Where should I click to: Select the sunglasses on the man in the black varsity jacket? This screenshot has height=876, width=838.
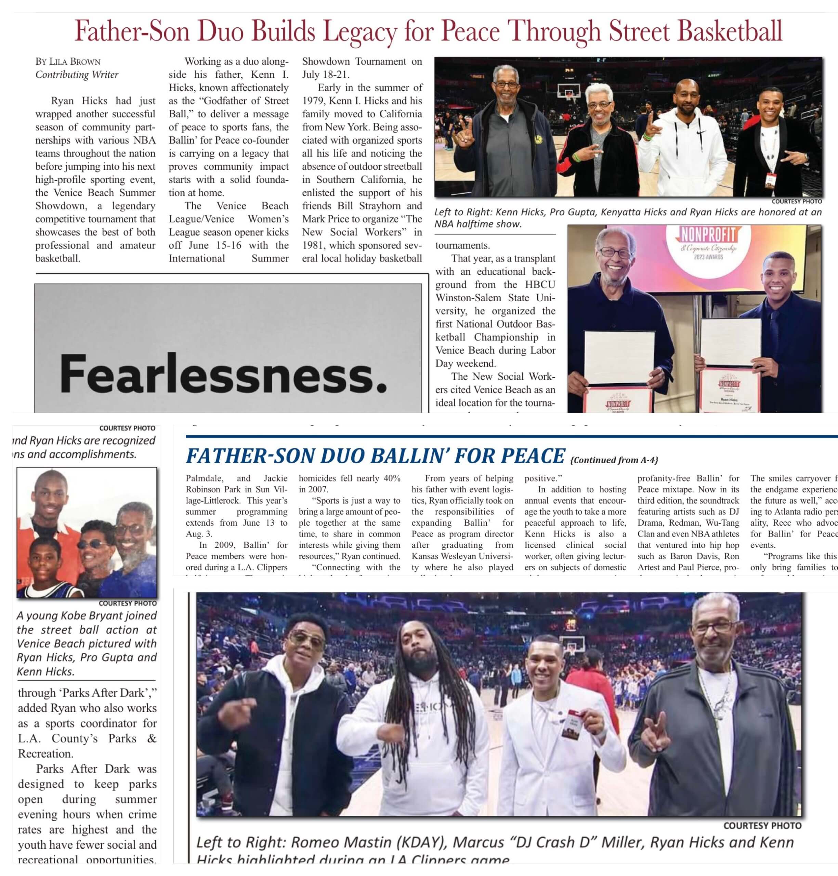click(x=307, y=640)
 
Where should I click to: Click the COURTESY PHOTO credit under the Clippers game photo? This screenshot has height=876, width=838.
click(x=762, y=825)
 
